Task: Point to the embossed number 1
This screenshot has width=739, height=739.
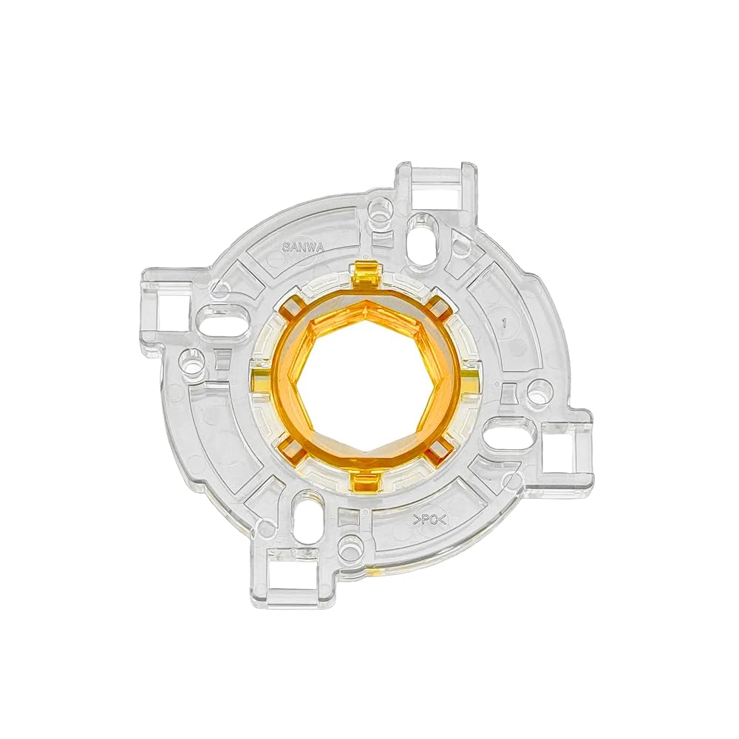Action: [503, 322]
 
